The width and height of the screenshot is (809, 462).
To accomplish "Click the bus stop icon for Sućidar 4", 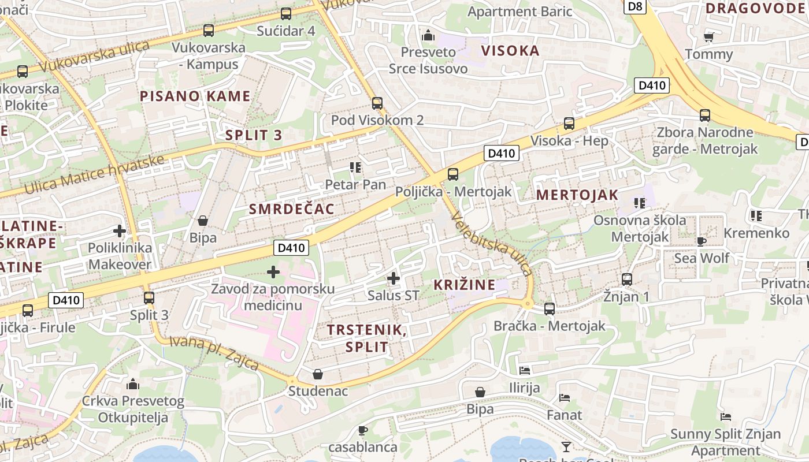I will tap(285, 14).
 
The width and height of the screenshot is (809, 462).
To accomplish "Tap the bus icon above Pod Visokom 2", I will tap(377, 103).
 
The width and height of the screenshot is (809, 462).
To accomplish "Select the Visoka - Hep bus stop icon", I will tap(569, 124).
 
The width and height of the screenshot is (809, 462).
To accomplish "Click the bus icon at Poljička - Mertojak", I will tap(453, 174).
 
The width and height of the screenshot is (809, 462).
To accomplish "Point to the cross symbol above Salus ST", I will tap(394, 279).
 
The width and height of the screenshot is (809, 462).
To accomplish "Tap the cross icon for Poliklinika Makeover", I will tap(120, 232).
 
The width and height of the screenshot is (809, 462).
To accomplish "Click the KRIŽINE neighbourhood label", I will tap(465, 285).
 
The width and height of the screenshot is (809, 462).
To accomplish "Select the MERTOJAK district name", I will tap(577, 195).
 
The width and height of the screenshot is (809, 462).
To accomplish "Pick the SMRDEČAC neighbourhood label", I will tap(292, 209).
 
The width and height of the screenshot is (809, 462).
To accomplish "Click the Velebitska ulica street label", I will tap(492, 243).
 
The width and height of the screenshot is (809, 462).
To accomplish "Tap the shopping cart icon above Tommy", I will tap(709, 38).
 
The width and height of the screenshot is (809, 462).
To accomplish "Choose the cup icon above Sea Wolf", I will tap(702, 241).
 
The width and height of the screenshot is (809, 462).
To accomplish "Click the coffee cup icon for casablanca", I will tap(362, 430).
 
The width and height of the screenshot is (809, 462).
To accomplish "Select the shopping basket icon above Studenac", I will tap(318, 375).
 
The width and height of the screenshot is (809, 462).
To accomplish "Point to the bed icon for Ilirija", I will tap(525, 371).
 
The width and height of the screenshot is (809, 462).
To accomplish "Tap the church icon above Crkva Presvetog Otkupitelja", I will tap(133, 384).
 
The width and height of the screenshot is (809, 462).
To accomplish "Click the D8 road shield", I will tap(635, 6).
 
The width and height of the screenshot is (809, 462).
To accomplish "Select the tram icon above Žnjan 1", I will tap(627, 280).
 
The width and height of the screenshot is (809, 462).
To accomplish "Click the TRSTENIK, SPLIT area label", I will tap(366, 338).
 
